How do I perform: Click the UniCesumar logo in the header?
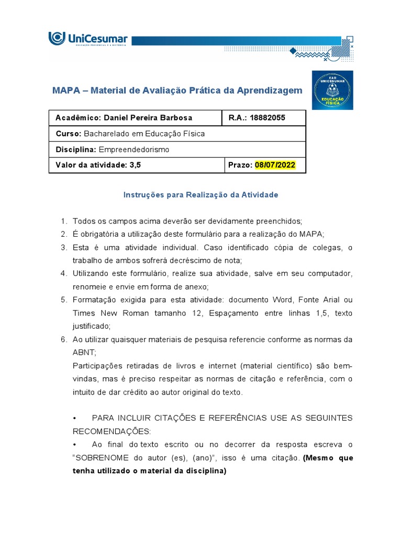(x=88, y=39)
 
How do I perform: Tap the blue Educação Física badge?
(x=332, y=90)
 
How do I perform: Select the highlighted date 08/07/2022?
(x=275, y=165)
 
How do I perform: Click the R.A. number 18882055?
(x=267, y=118)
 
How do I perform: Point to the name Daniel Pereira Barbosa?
(x=148, y=118)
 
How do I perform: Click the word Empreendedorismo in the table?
(x=134, y=149)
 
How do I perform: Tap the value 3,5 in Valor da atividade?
(x=135, y=165)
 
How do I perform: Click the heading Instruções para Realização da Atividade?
(x=200, y=195)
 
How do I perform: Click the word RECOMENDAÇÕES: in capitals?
(x=111, y=432)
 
